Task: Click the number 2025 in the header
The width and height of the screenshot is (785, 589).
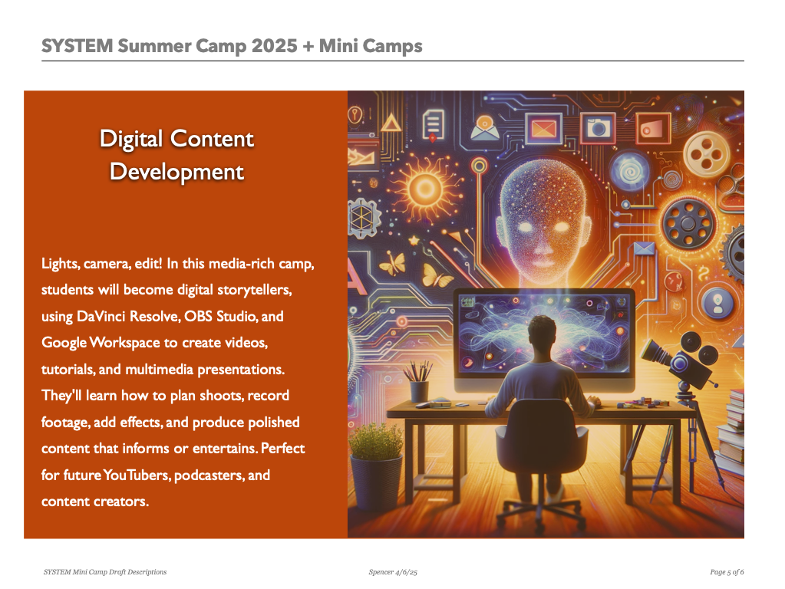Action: pos(275,46)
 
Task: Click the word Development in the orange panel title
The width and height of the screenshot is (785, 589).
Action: pos(176,172)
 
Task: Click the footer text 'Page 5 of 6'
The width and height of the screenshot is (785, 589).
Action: pos(727,572)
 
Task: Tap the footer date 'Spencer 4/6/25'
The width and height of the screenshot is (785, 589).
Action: pos(393,572)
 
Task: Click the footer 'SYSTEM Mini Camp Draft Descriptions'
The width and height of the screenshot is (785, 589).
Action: pos(105,572)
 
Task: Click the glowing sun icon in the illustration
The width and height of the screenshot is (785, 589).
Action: pos(426,189)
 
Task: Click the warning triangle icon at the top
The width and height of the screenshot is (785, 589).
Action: pos(391,122)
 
